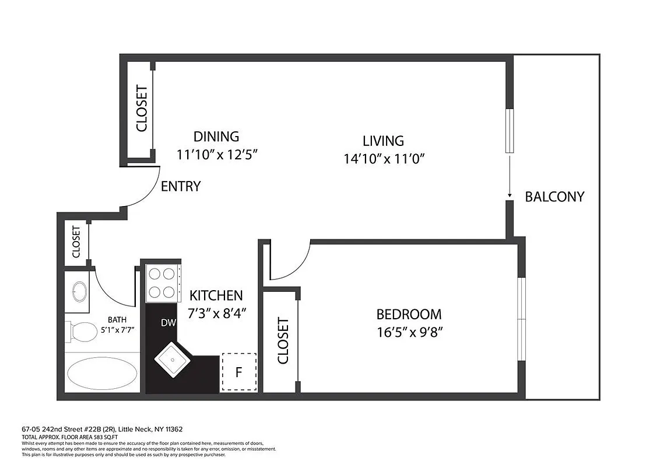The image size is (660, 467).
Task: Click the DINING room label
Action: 216,137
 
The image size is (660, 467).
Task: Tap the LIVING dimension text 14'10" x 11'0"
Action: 383,158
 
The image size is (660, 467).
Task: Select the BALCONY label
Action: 554,197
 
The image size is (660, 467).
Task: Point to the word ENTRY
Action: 181,187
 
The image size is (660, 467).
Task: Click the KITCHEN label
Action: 216,295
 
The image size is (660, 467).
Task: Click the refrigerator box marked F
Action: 238,371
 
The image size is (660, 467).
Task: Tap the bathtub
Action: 103,372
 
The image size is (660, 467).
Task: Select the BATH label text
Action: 117,319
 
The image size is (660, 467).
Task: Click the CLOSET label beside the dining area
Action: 142,109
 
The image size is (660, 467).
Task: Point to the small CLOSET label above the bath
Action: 76,242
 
